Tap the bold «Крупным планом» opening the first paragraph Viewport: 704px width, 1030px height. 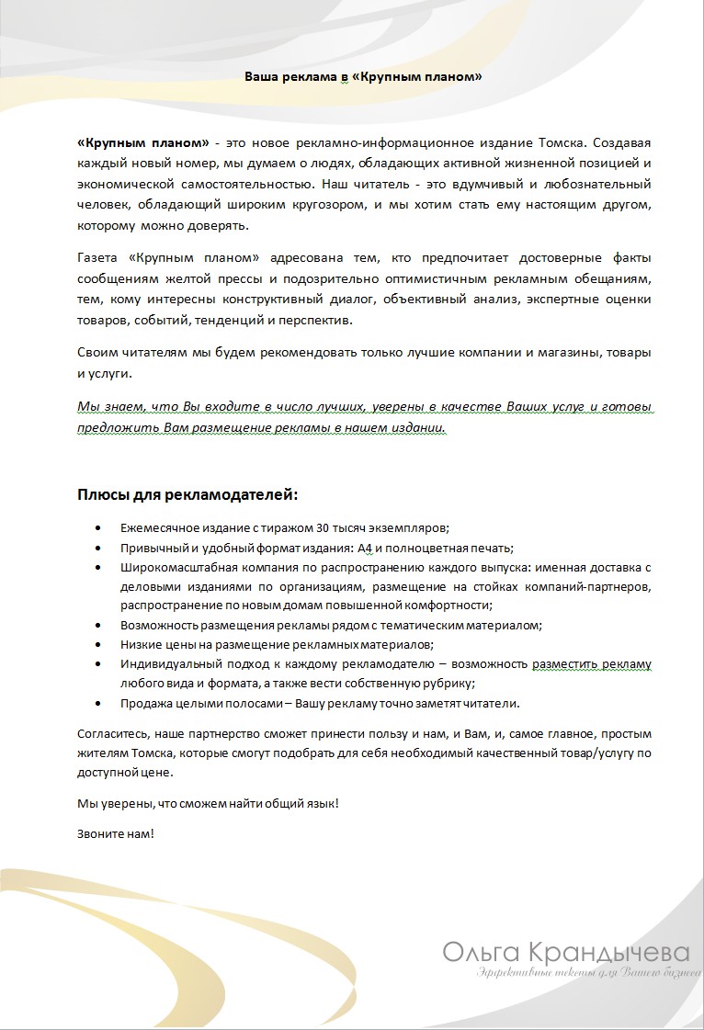142,143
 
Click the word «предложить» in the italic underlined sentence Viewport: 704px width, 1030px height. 110,427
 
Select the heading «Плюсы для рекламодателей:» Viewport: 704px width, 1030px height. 187,495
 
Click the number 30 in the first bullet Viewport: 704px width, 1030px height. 323,527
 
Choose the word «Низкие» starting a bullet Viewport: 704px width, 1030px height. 140,644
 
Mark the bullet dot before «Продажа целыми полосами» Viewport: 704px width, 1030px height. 98,704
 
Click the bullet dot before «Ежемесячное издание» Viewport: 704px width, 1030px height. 98,527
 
